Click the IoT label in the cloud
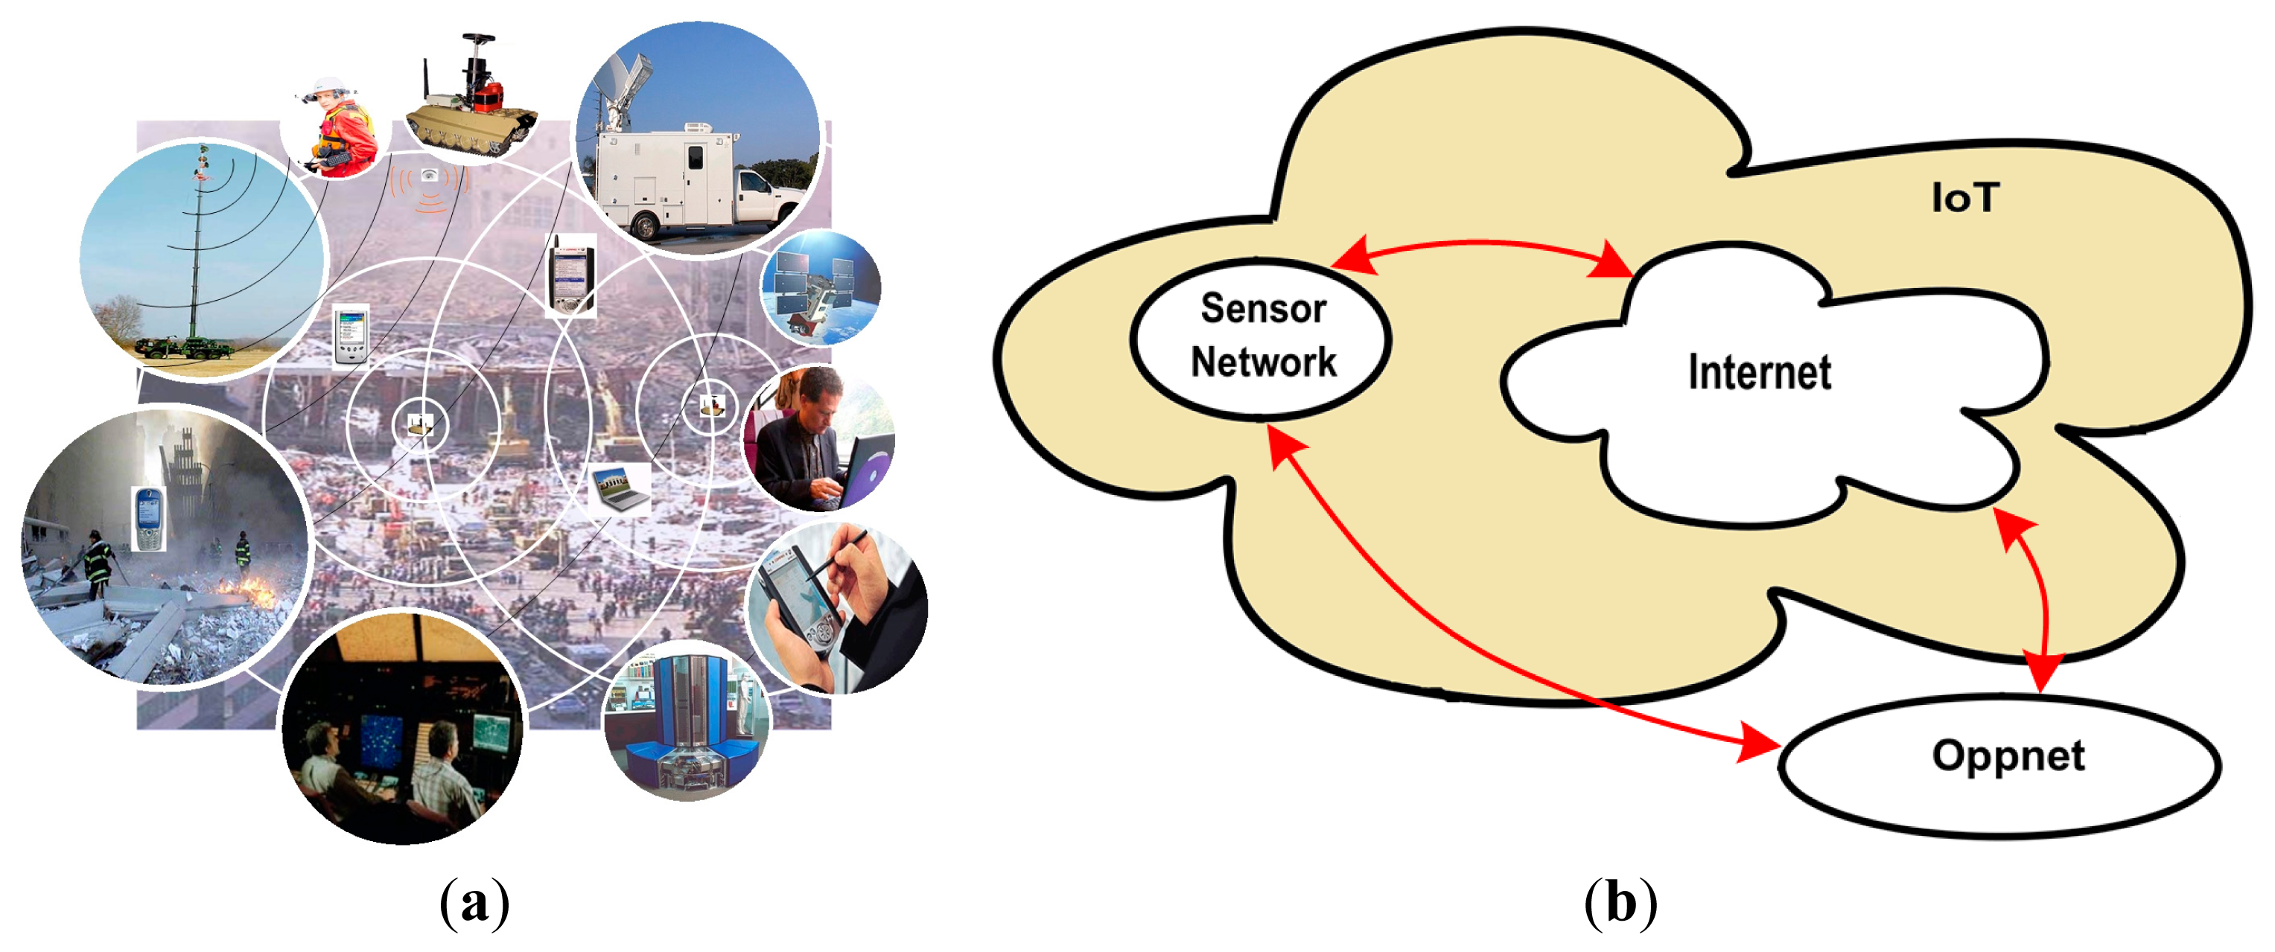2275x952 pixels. [x=1964, y=198]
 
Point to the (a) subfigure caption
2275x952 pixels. [x=474, y=901]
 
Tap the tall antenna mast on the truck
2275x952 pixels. [x=196, y=247]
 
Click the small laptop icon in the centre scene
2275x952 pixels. [x=619, y=489]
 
